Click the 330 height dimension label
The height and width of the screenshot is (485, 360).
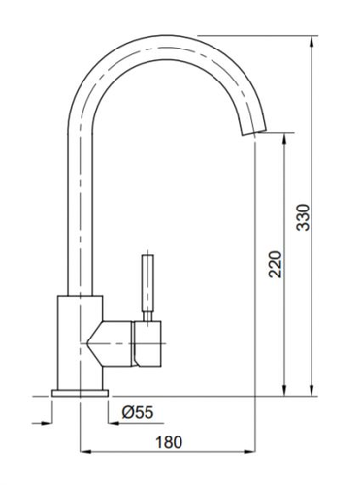click(303, 217)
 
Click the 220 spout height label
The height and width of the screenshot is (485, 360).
click(276, 264)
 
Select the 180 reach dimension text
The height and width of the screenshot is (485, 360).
click(169, 442)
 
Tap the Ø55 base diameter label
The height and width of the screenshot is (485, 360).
click(138, 412)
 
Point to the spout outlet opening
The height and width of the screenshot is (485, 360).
click(254, 132)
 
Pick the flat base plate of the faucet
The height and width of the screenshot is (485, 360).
click(80, 393)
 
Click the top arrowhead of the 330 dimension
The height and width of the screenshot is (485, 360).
click(311, 41)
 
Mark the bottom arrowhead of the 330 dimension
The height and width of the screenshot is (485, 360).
click(311, 390)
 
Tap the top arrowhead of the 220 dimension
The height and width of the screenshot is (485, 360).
click(284, 139)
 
